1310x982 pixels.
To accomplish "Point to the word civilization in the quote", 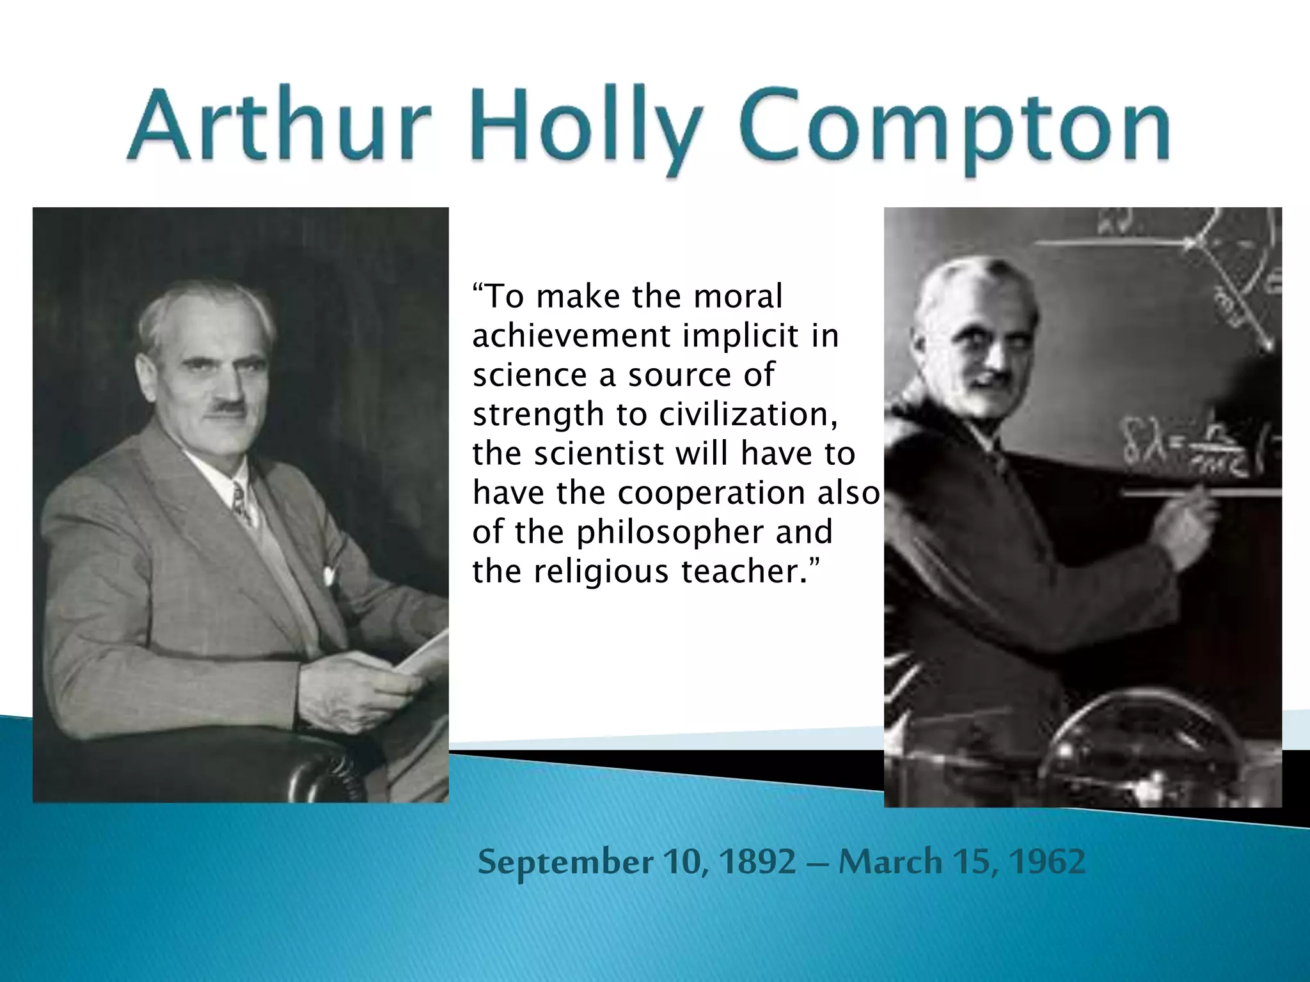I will coord(748,414).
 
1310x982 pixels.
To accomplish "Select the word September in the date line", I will coord(565,863).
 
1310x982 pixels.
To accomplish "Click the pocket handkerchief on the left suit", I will coord(329,574).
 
